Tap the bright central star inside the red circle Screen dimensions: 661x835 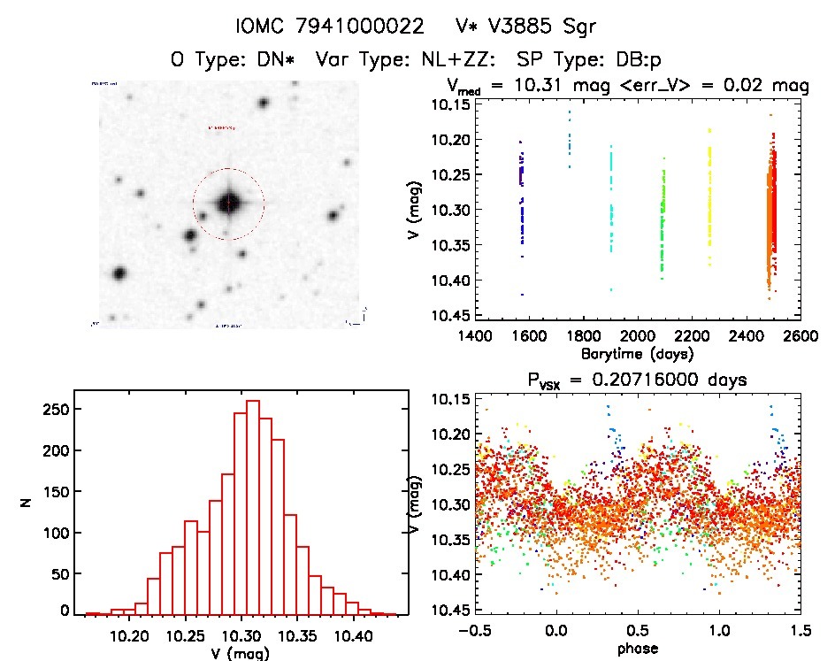click(x=228, y=203)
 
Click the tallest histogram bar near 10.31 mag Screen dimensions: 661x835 click(x=252, y=506)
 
